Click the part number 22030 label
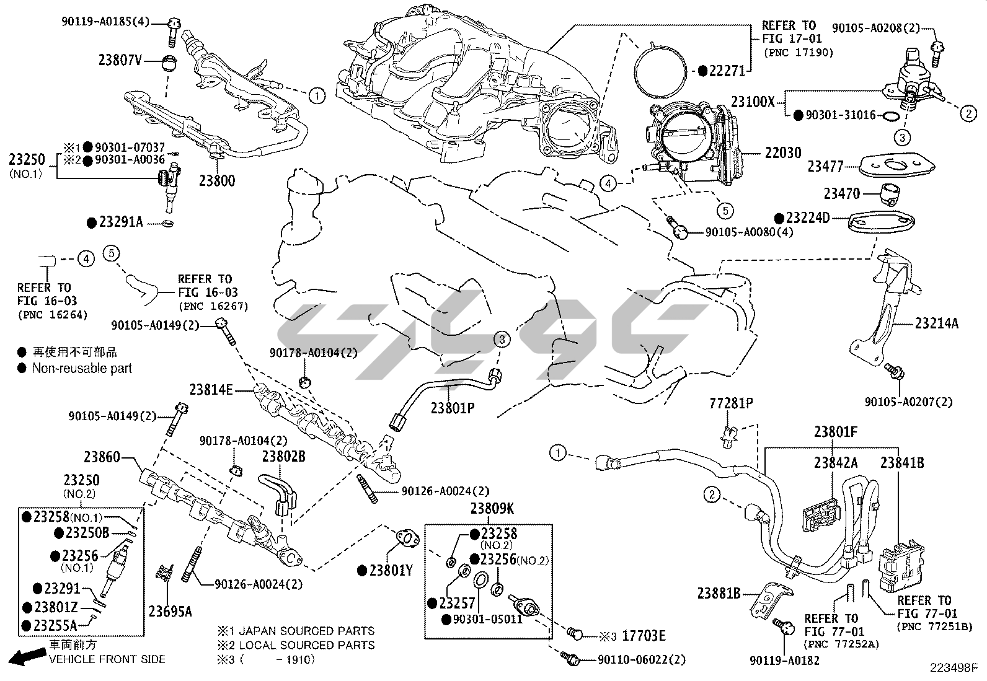[782, 152]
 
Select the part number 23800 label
[217, 181]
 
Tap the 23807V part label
[120, 60]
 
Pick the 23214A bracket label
[936, 323]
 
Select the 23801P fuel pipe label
[453, 408]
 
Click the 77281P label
[731, 403]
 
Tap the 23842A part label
[836, 462]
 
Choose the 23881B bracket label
[719, 594]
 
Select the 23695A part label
[170, 612]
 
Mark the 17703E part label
[644, 636]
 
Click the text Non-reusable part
[82, 368]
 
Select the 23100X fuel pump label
[753, 102]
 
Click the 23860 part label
[102, 457]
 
